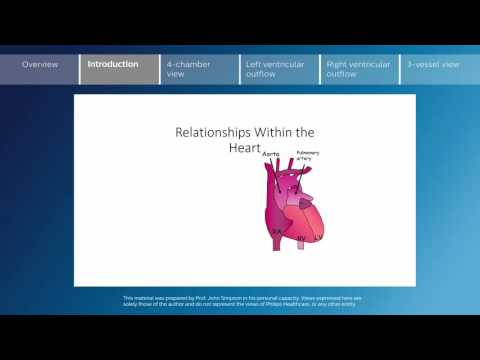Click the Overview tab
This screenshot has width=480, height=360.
[x=39, y=64]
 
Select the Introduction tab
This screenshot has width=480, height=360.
[x=113, y=64]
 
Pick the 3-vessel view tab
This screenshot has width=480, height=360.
[x=433, y=64]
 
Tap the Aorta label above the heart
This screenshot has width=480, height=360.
[x=270, y=155]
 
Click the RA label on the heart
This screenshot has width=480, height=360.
[x=277, y=230]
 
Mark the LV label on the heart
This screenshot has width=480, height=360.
[x=318, y=237]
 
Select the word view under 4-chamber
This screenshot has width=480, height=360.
[x=176, y=73]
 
